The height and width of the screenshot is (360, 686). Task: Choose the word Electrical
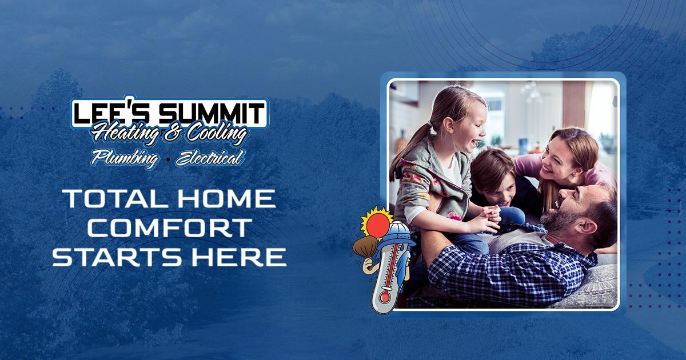click(209, 158)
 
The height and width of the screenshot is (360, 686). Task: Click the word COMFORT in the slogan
click(170, 228)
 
